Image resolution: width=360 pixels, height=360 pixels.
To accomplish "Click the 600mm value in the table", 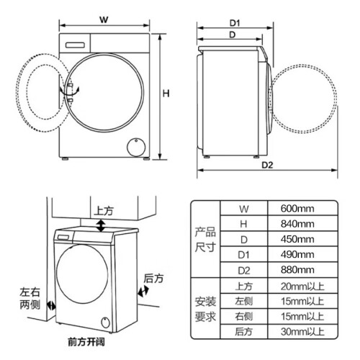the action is pos(297,208).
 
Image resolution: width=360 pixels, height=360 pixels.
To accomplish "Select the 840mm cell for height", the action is pos(297,224).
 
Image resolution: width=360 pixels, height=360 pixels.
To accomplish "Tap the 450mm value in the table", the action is pos(297,239).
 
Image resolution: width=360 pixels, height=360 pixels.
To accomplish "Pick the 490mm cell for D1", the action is pos(297,254).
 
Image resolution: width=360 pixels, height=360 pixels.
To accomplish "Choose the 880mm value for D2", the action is pos(297,270).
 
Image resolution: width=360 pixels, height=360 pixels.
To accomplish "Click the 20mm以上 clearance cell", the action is pos(302,286).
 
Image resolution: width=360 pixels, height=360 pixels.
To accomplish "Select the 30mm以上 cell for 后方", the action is pos(302,332).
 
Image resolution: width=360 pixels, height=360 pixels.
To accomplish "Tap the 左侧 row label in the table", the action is pos(243,301).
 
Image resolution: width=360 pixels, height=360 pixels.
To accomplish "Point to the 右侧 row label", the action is pos(243,316).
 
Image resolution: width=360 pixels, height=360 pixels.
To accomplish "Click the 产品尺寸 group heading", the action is pos(205,240).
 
